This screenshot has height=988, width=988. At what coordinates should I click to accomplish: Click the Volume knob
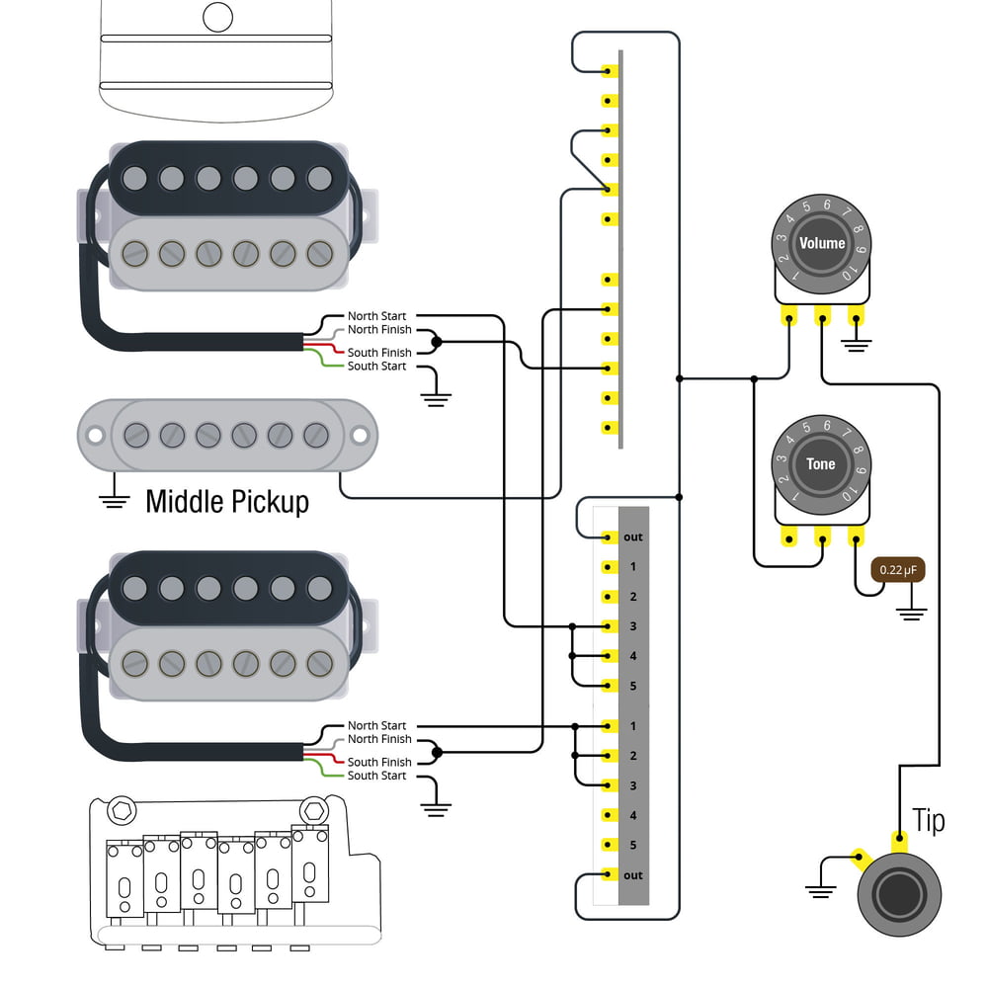click(x=822, y=242)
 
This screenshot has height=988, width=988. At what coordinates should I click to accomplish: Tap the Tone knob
click(x=821, y=463)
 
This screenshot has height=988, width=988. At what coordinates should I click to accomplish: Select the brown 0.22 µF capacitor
click(x=897, y=570)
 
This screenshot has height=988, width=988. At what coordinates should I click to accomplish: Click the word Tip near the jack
click(x=928, y=820)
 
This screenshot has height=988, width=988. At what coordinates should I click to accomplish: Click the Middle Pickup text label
click(x=227, y=501)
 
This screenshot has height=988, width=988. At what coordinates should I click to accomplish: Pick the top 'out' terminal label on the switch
click(x=633, y=536)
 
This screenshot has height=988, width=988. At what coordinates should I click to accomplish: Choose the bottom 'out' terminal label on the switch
click(x=633, y=875)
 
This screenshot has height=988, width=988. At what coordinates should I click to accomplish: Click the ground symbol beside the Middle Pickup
click(x=116, y=498)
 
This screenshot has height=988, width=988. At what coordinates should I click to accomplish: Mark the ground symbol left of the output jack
click(x=819, y=888)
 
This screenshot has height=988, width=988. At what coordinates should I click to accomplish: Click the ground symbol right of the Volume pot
click(x=857, y=345)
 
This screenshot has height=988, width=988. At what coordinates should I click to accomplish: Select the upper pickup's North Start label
click(x=376, y=316)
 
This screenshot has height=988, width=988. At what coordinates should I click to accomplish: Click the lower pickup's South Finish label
click(x=379, y=762)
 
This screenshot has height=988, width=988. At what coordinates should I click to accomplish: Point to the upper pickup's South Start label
click(x=376, y=367)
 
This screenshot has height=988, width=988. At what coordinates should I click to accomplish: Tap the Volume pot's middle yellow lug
click(x=822, y=317)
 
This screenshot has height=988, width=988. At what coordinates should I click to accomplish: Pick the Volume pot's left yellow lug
click(x=788, y=317)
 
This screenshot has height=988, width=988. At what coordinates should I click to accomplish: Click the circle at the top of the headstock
click(x=217, y=16)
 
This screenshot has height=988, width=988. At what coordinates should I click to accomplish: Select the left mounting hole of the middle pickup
click(x=95, y=435)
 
